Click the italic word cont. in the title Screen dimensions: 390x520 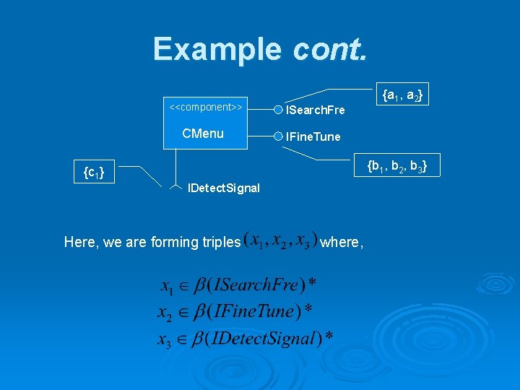pos(330,49)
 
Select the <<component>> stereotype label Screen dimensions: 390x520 pos(205,107)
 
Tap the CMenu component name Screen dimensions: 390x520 pos(203,134)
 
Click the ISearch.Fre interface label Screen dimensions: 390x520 pos(316,110)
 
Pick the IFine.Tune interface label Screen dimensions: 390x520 pos(313,136)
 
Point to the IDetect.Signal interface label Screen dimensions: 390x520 pos(224,188)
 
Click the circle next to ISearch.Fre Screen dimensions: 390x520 pos(278,110)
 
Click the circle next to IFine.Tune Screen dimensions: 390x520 pos(278,136)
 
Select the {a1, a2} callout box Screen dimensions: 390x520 pos(403,95)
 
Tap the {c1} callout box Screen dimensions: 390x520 pos(93,173)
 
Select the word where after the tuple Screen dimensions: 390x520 pos(341,242)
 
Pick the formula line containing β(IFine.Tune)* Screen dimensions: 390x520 pos(235,311)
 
